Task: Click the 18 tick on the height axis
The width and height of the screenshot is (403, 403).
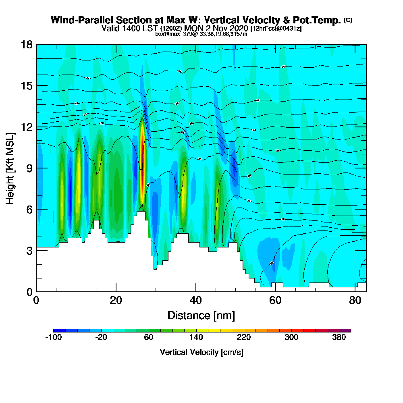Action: click(36, 44)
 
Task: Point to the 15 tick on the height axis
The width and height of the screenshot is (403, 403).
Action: click(36, 85)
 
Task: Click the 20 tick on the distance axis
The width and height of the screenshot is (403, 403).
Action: click(116, 291)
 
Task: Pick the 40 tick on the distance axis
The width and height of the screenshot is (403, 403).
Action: click(196, 291)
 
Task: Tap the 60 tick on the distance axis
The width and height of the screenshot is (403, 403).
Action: click(276, 291)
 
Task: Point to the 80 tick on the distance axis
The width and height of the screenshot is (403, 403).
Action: click(355, 291)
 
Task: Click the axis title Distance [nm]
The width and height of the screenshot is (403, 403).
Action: click(201, 315)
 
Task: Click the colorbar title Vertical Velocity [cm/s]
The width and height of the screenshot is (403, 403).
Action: click(201, 352)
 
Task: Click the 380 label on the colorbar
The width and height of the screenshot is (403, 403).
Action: click(339, 338)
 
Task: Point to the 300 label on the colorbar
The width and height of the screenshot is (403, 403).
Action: click(291, 338)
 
